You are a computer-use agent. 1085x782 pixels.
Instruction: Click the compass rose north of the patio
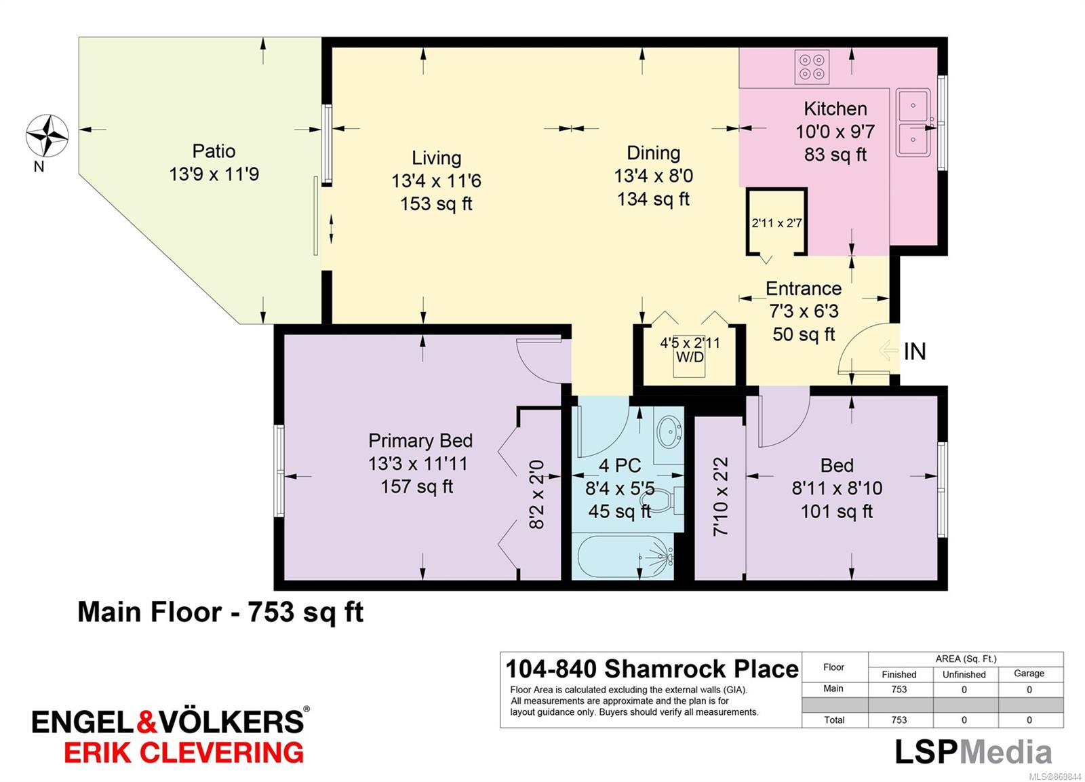(x=47, y=136)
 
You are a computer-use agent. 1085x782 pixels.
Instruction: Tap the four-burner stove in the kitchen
(x=812, y=67)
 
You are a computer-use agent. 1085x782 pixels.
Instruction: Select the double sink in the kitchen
(x=913, y=123)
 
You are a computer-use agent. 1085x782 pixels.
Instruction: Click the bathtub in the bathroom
(x=623, y=556)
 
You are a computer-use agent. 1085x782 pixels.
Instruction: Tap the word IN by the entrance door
(x=915, y=352)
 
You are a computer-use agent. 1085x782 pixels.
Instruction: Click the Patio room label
(x=214, y=151)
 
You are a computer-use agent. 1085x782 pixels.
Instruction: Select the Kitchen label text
(x=835, y=109)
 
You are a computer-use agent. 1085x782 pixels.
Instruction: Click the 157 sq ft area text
(x=417, y=486)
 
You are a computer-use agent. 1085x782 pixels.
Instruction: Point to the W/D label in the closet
(x=690, y=357)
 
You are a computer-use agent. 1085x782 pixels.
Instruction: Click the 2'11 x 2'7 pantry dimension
(x=776, y=223)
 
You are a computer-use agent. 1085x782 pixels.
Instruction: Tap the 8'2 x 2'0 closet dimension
(x=536, y=494)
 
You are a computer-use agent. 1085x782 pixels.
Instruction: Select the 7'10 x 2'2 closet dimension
(x=720, y=496)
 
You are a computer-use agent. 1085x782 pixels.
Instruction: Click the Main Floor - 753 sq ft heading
(x=220, y=612)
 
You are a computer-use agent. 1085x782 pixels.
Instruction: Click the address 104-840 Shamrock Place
(x=652, y=669)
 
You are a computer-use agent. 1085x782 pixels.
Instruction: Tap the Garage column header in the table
(x=1029, y=673)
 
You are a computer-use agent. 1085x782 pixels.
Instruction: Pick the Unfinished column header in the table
(x=964, y=674)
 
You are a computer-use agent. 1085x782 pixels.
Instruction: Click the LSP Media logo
(x=972, y=751)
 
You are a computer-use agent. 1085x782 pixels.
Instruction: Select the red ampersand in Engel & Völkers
(x=146, y=722)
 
